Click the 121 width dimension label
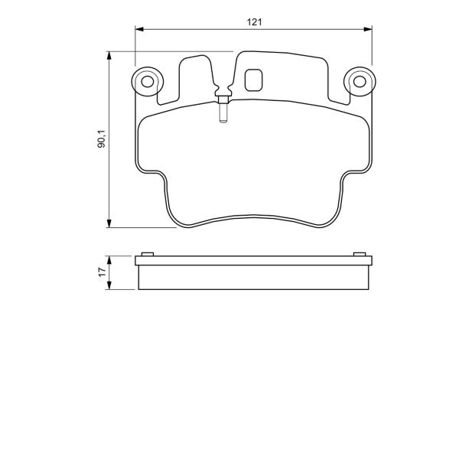(x=254, y=22)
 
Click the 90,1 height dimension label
(x=102, y=138)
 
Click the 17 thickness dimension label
(x=102, y=272)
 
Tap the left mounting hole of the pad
(x=147, y=82)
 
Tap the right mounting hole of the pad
(x=360, y=82)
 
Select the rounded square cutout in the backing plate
(x=253, y=80)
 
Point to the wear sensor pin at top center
(x=223, y=112)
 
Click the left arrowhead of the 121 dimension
(x=139, y=29)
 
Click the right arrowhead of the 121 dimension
(x=368, y=29)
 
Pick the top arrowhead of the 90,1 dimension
(x=109, y=56)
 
